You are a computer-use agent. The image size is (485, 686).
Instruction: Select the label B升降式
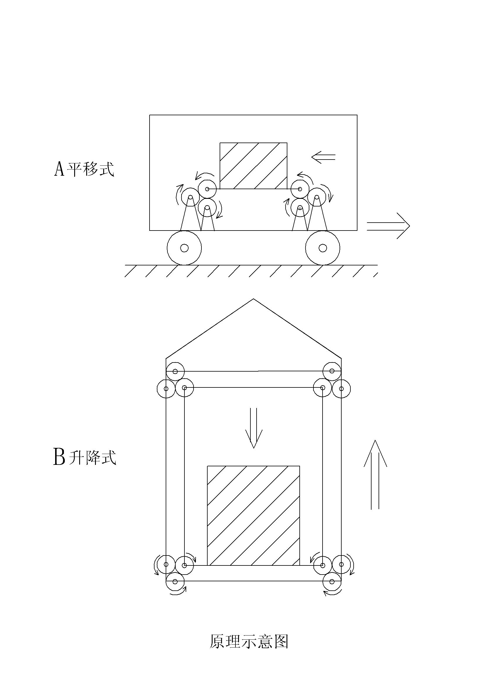(84, 457)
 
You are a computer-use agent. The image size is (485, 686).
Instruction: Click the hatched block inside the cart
(253, 166)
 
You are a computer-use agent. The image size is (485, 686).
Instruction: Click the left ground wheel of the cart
(184, 248)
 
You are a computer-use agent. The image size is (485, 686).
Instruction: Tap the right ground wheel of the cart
(323, 248)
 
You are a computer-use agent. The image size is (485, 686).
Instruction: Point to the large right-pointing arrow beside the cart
(388, 226)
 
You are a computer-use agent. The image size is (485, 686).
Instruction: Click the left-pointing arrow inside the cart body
(323, 157)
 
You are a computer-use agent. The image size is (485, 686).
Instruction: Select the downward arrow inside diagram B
(254, 429)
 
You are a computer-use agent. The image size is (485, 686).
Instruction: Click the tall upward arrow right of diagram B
(375, 475)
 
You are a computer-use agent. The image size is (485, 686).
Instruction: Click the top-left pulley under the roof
(175, 371)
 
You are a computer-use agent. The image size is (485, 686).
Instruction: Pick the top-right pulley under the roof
(332, 371)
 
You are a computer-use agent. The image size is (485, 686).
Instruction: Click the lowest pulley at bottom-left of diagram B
(175, 581)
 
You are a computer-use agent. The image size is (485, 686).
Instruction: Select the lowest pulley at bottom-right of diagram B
(332, 581)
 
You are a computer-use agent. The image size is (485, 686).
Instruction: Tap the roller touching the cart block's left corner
(207, 189)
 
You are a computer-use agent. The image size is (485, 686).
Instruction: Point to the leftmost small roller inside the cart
(190, 197)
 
